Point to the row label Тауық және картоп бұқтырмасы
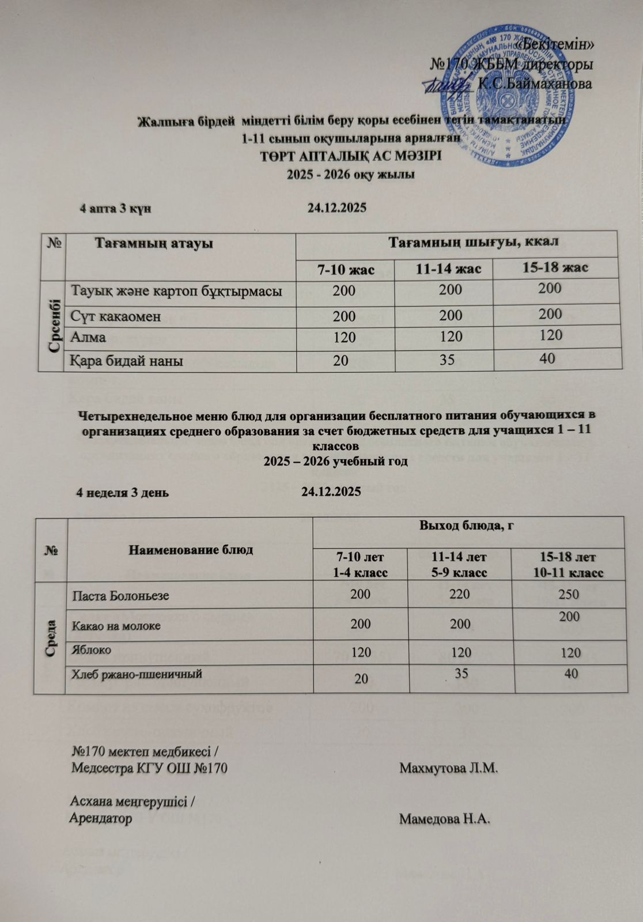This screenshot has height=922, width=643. point(176,291)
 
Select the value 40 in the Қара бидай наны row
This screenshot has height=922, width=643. point(548,358)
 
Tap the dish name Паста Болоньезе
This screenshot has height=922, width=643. point(120,595)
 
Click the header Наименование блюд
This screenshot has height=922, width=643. point(190,549)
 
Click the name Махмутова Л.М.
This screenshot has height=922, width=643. point(448,768)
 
